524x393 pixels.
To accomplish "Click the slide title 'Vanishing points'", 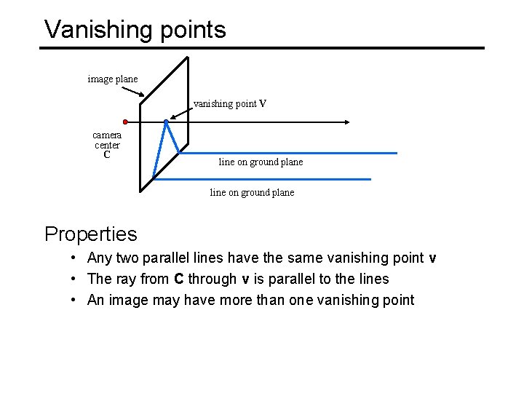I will (x=135, y=29).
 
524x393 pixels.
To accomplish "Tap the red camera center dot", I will (x=125, y=122).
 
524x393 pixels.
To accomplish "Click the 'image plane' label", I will (x=112, y=79).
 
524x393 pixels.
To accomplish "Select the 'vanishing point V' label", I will (x=230, y=103).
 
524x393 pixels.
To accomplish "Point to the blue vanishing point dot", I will (x=167, y=122).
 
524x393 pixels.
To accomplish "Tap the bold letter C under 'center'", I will (x=107, y=154).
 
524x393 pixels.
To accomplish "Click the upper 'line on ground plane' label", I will (x=261, y=162).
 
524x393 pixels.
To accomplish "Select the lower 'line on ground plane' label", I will (x=252, y=192).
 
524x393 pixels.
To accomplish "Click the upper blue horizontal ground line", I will (x=291, y=153).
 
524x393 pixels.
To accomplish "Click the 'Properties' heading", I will (x=90, y=234).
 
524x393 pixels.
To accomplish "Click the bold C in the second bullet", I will (x=178, y=279).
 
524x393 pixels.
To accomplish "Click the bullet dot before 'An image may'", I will (x=75, y=300).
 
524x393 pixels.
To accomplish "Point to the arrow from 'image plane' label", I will (x=132, y=92).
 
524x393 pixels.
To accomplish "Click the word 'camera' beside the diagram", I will (x=107, y=135).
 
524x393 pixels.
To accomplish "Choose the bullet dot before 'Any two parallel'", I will (x=75, y=258).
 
